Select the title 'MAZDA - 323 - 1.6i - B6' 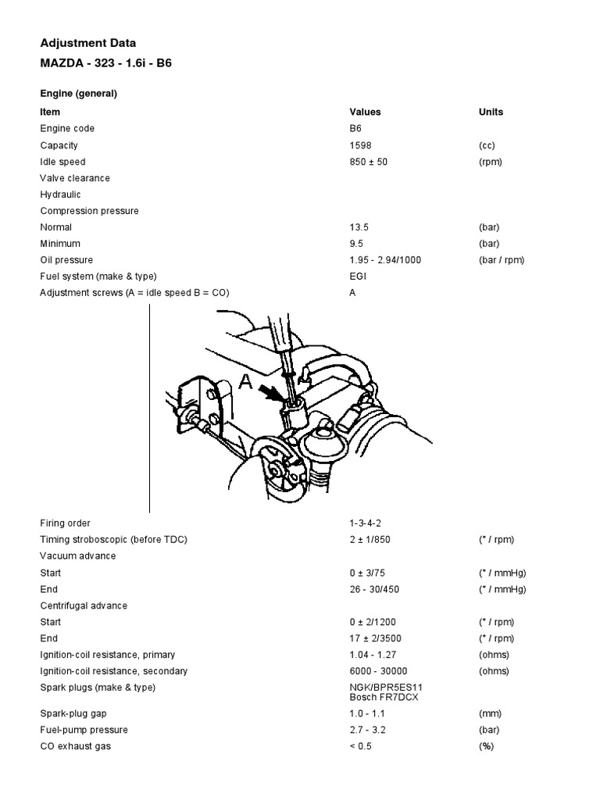coord(105,62)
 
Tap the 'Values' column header coord(365,112)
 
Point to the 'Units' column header coord(491,112)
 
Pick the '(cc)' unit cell coord(487,145)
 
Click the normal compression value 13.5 coord(358,227)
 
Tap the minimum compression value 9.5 coord(355,244)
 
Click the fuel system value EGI coord(358,277)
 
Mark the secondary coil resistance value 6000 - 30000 coord(379,671)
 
